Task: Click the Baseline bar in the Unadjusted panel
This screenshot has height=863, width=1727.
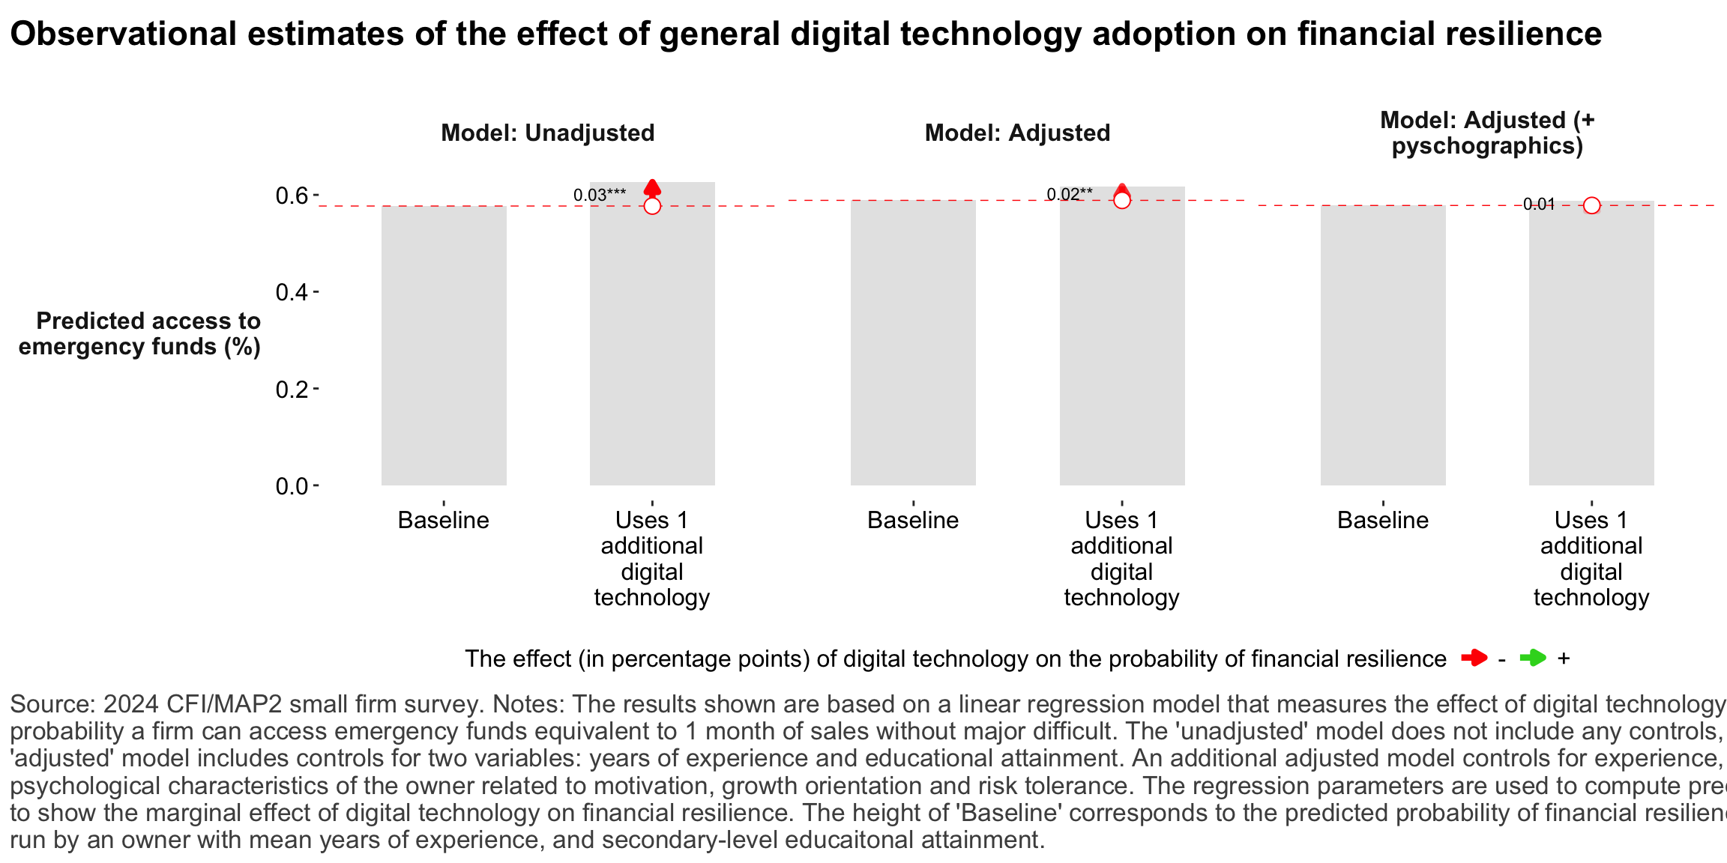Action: click(x=444, y=345)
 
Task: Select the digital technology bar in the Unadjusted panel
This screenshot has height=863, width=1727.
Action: click(x=652, y=345)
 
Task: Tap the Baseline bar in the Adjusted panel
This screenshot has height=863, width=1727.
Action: click(x=913, y=345)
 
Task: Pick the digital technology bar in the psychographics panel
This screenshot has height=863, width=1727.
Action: click(x=1591, y=345)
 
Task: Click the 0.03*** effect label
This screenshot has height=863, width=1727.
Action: click(x=600, y=196)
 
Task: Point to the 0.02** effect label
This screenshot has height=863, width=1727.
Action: click(x=1070, y=195)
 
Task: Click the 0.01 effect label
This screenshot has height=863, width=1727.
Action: click(x=1539, y=205)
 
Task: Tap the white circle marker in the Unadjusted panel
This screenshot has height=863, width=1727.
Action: click(x=652, y=205)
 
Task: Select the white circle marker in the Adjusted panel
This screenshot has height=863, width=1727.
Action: click(x=1122, y=200)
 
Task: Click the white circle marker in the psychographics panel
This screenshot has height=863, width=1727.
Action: click(x=1592, y=205)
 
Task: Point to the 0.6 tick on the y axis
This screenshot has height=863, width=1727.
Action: click(x=292, y=196)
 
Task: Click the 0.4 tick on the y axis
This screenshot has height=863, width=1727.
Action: click(x=292, y=292)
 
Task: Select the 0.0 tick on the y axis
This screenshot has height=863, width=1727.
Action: click(x=292, y=486)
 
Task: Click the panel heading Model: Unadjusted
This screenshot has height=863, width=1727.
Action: click(x=547, y=133)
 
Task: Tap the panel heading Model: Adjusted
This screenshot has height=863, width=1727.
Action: click(x=1017, y=133)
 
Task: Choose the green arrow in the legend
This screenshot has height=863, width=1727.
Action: click(x=1533, y=658)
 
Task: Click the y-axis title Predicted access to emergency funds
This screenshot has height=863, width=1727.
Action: click(x=140, y=333)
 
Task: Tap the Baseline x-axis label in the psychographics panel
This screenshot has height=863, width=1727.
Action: click(x=1383, y=520)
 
